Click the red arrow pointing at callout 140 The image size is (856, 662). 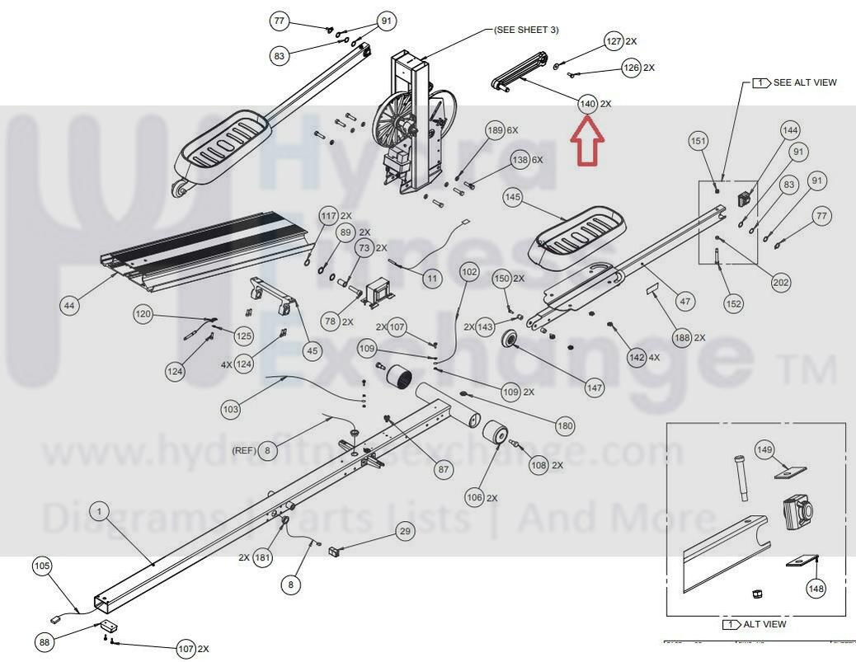pos(587,139)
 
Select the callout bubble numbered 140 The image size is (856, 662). pos(587,104)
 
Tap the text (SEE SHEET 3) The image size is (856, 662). pos(526,30)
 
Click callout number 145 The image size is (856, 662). pos(513,197)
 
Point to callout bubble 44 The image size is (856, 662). pos(69,306)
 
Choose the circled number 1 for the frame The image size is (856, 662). pos(99,512)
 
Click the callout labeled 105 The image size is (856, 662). pos(42,566)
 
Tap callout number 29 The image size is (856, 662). pos(405,531)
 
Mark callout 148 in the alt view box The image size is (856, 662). pos(816,589)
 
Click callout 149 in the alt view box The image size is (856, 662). pos(764,449)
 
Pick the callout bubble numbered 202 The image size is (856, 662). pos(781,282)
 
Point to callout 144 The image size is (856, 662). pos(790,130)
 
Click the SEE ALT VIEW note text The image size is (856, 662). pos(804,82)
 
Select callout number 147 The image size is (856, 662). pos(595,387)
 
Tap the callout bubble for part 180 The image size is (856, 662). pos(565,426)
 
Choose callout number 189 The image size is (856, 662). pos(495,129)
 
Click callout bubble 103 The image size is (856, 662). pos(231,409)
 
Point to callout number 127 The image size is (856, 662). pos(614,40)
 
